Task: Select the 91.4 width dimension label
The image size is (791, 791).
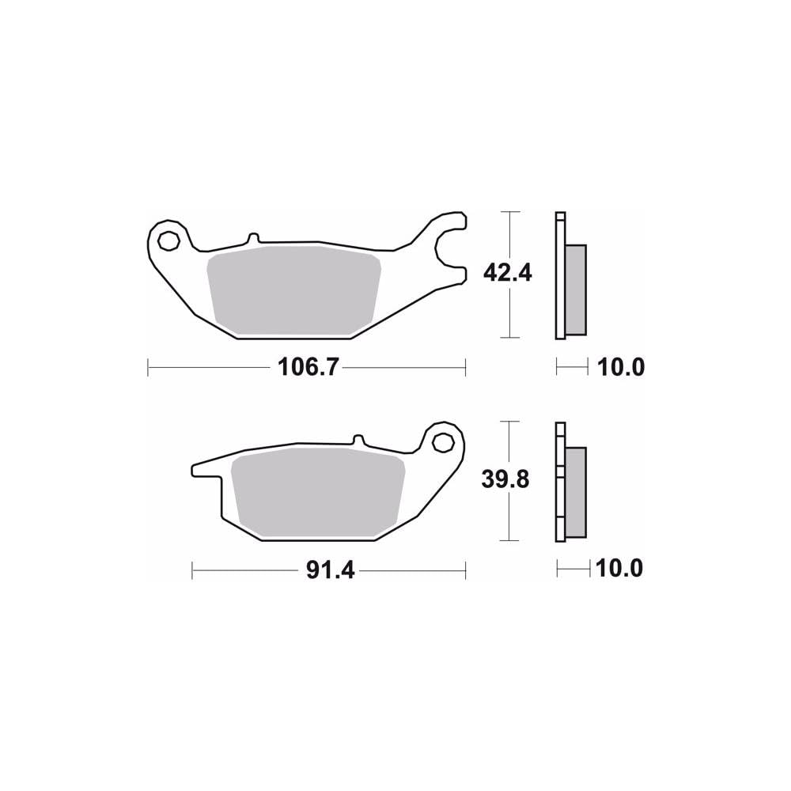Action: click(x=329, y=569)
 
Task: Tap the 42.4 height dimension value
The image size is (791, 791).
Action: click(x=507, y=273)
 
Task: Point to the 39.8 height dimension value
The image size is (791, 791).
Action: click(x=507, y=479)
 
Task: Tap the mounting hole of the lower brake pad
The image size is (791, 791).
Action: click(x=442, y=441)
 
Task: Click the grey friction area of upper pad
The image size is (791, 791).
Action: click(x=293, y=289)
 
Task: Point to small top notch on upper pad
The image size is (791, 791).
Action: click(x=252, y=237)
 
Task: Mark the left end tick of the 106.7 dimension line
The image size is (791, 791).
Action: click(x=149, y=368)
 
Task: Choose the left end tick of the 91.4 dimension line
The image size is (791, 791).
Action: click(x=193, y=569)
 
